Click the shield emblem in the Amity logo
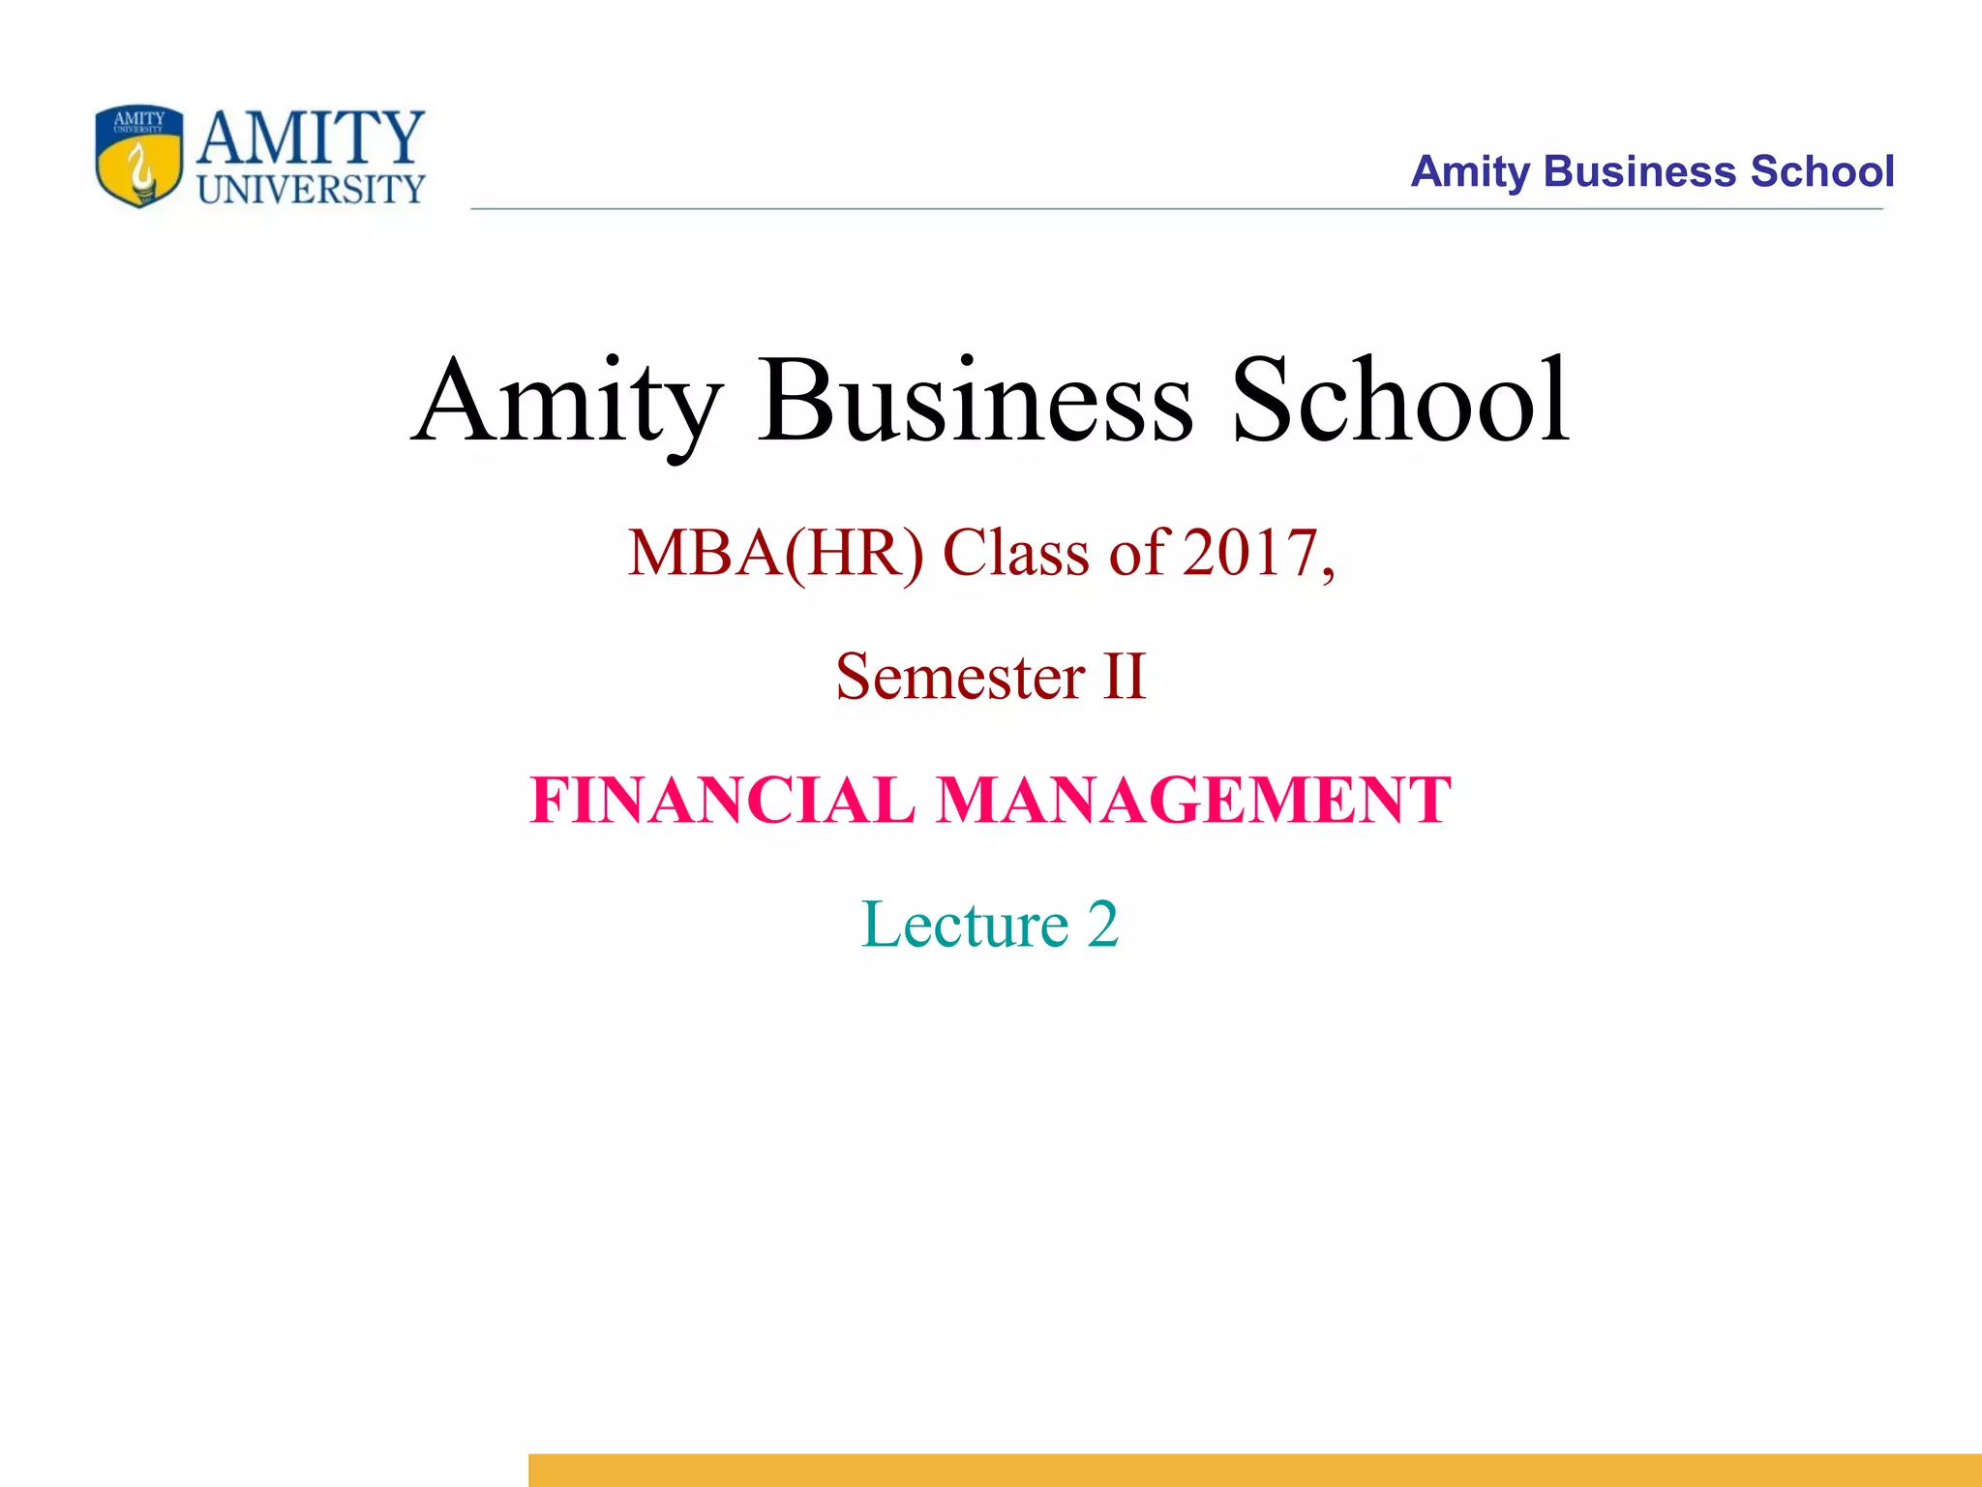139,157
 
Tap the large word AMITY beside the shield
311,138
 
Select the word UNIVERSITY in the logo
311,190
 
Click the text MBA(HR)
775,554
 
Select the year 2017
1249,554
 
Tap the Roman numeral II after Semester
1125,677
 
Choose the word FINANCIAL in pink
722,801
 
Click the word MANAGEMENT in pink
1194,801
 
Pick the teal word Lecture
965,925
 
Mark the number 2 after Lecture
1102,925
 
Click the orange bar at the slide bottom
1254,1470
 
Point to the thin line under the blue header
1176,209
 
